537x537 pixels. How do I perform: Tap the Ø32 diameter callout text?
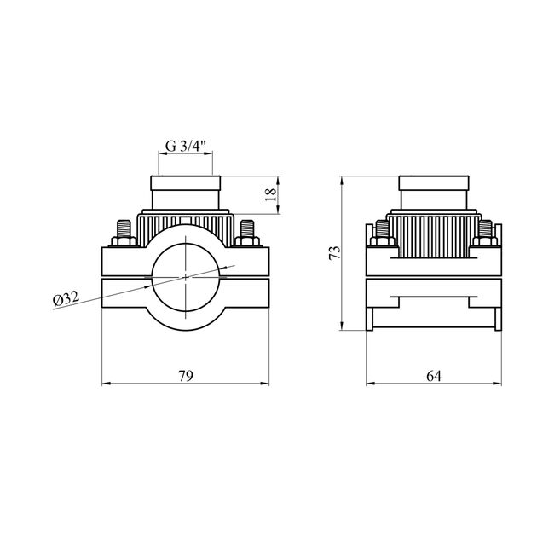point(66,299)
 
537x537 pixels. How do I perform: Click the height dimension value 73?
point(334,252)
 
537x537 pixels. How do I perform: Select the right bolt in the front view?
point(248,232)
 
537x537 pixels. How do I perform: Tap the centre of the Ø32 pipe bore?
point(187,275)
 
